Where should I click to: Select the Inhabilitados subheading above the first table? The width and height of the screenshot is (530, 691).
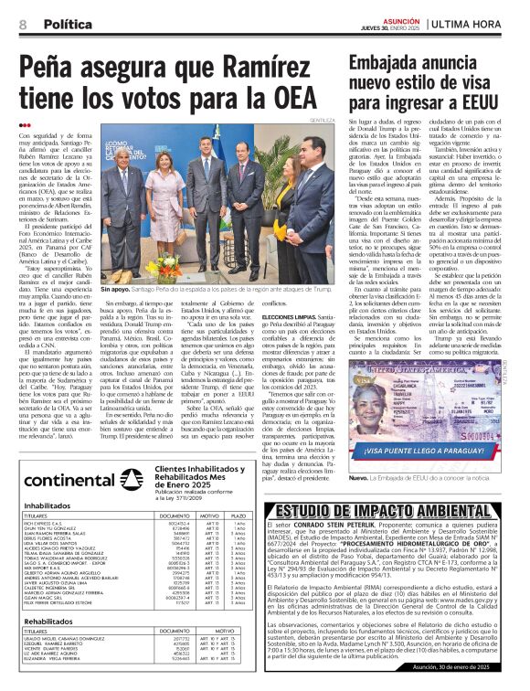point(48,505)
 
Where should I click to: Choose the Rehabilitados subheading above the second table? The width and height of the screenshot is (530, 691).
point(48,622)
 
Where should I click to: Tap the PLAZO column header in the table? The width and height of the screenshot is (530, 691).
point(238,516)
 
